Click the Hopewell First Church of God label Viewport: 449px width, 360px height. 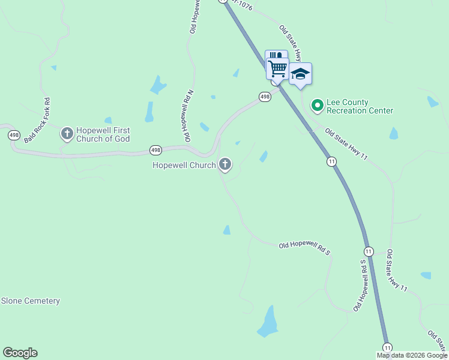pyautogui.click(x=103, y=134)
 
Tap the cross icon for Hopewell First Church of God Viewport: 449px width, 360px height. pyautogui.click(x=67, y=133)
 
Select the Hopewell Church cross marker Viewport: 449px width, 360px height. pyautogui.click(x=225, y=163)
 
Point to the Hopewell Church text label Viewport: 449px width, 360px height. pyautogui.click(x=184, y=165)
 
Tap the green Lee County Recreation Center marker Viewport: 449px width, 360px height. pyautogui.click(x=317, y=106)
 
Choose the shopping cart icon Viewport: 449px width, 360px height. pyautogui.click(x=277, y=68)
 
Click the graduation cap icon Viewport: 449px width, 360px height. pyautogui.click(x=300, y=74)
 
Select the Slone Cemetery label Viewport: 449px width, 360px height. pyautogui.click(x=31, y=301)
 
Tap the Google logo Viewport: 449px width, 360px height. pyautogui.click(x=20, y=353)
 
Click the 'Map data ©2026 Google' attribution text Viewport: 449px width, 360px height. pyautogui.click(x=412, y=355)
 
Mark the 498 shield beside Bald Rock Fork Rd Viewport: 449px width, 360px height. pyautogui.click(x=14, y=135)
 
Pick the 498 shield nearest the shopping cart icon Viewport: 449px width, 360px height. pyautogui.click(x=264, y=97)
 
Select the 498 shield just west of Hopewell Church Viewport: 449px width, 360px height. pyautogui.click(x=155, y=150)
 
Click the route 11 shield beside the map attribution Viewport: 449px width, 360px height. pyautogui.click(x=387, y=347)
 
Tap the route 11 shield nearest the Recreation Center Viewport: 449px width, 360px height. pyautogui.click(x=331, y=161)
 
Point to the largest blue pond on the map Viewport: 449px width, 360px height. pyautogui.click(x=268, y=322)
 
